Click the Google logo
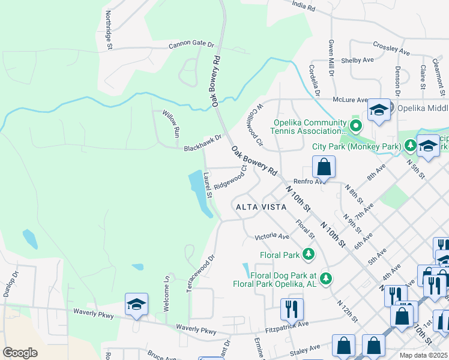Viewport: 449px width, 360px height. click(20, 352)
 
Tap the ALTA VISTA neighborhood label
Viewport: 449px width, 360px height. click(259, 207)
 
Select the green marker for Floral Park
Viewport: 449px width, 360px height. click(309, 254)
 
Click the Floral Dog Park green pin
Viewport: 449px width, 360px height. click(326, 278)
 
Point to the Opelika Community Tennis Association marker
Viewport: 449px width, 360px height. click(356, 126)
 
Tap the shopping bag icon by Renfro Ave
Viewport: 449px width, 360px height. click(324, 167)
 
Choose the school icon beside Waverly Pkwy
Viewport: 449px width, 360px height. click(136, 304)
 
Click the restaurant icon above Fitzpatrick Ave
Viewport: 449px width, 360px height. click(291, 309)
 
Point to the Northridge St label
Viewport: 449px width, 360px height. click(109, 28)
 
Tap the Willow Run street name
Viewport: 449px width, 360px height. click(172, 122)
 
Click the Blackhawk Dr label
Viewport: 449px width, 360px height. click(203, 142)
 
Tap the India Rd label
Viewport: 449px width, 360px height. click(303, 7)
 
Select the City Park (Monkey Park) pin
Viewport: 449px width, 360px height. click(410, 145)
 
